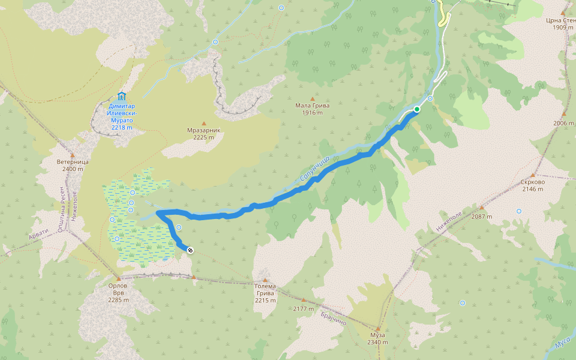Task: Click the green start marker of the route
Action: click(x=416, y=109)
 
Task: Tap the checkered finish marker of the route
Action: click(x=190, y=250)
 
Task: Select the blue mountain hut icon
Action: click(x=122, y=96)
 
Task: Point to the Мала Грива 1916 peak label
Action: click(x=313, y=109)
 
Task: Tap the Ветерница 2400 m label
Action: click(x=73, y=166)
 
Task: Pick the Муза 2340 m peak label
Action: click(x=378, y=338)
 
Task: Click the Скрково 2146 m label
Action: click(x=532, y=185)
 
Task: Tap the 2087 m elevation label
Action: click(x=481, y=217)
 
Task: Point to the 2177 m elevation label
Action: click(x=304, y=308)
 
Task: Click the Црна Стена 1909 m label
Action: click(x=560, y=23)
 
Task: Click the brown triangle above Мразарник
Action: click(x=203, y=123)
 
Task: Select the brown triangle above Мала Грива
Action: click(x=312, y=98)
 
